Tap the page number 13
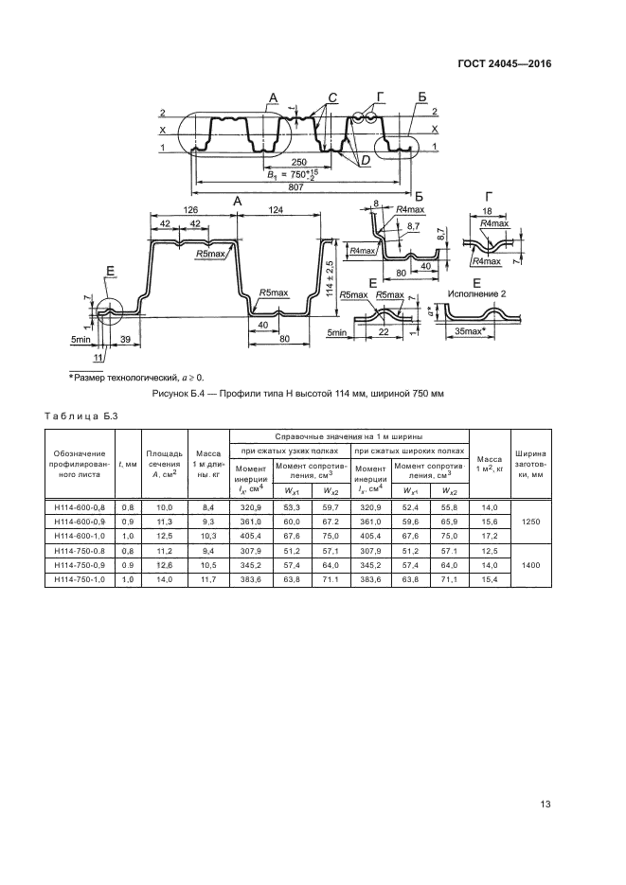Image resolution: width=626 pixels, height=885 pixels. click(546, 805)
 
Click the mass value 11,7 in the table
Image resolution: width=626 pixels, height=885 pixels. click(208, 579)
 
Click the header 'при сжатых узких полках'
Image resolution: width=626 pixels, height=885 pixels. click(289, 451)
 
